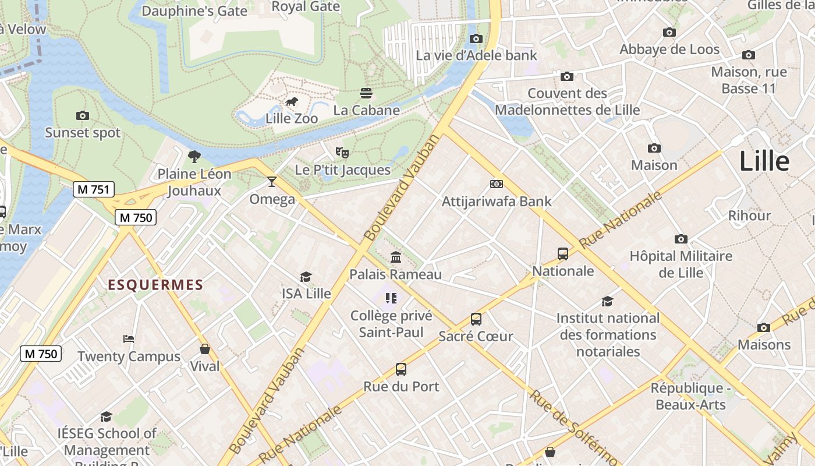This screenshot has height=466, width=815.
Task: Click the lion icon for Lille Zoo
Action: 292,102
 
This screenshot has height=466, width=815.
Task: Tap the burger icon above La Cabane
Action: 366,93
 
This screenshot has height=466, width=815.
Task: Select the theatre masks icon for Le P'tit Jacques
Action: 342,153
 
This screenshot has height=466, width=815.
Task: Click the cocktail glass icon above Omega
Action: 272,182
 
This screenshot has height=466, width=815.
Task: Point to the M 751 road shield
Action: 94,189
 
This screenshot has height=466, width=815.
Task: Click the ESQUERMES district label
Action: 155,285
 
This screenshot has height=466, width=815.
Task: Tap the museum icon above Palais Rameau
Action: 396,257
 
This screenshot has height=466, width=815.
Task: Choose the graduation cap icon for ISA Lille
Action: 306,277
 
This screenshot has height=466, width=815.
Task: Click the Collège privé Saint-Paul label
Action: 391,324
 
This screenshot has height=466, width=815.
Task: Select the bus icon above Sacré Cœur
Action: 476,319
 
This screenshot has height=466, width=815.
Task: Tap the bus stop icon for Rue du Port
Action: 401,369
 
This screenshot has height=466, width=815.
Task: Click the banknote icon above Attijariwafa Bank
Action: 497,184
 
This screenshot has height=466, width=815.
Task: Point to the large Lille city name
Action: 764,161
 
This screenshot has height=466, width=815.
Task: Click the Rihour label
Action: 749,216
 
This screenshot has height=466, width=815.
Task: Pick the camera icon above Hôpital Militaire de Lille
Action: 681,239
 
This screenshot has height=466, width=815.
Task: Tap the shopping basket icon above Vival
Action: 205,349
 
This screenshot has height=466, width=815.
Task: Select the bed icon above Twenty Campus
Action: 129,339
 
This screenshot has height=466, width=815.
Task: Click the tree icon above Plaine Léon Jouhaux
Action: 194,156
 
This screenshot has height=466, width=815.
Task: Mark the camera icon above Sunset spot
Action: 83,115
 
